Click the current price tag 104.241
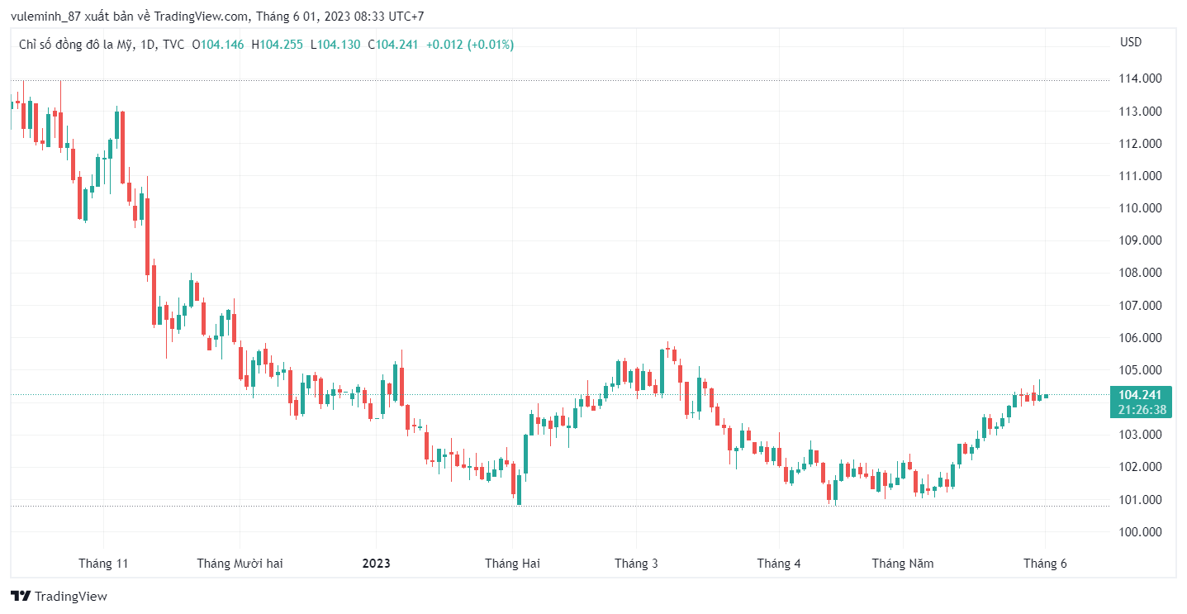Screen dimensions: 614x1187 [x=1141, y=395]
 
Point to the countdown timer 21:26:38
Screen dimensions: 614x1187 [x=1141, y=410]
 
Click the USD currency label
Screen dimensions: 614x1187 [x=1130, y=42]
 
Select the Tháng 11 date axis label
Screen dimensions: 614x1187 [x=103, y=564]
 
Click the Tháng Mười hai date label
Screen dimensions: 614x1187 [x=240, y=564]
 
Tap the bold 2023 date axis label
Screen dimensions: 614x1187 [x=377, y=564]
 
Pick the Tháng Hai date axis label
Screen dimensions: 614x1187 [x=512, y=564]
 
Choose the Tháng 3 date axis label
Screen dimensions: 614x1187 [x=636, y=564]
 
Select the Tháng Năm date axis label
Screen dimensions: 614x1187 [x=903, y=564]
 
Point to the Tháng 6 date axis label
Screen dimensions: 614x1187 [x=1045, y=564]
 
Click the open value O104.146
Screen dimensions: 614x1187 [x=218, y=45]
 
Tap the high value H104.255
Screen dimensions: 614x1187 [x=277, y=45]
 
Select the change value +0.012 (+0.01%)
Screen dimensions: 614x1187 [x=469, y=45]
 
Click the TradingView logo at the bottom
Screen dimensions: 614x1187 [x=59, y=596]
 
